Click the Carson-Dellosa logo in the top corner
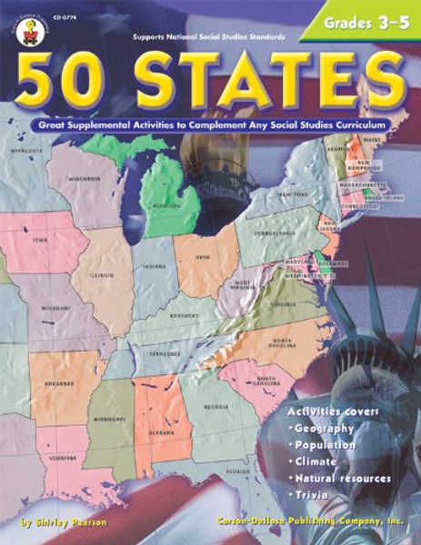(18, 19)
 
